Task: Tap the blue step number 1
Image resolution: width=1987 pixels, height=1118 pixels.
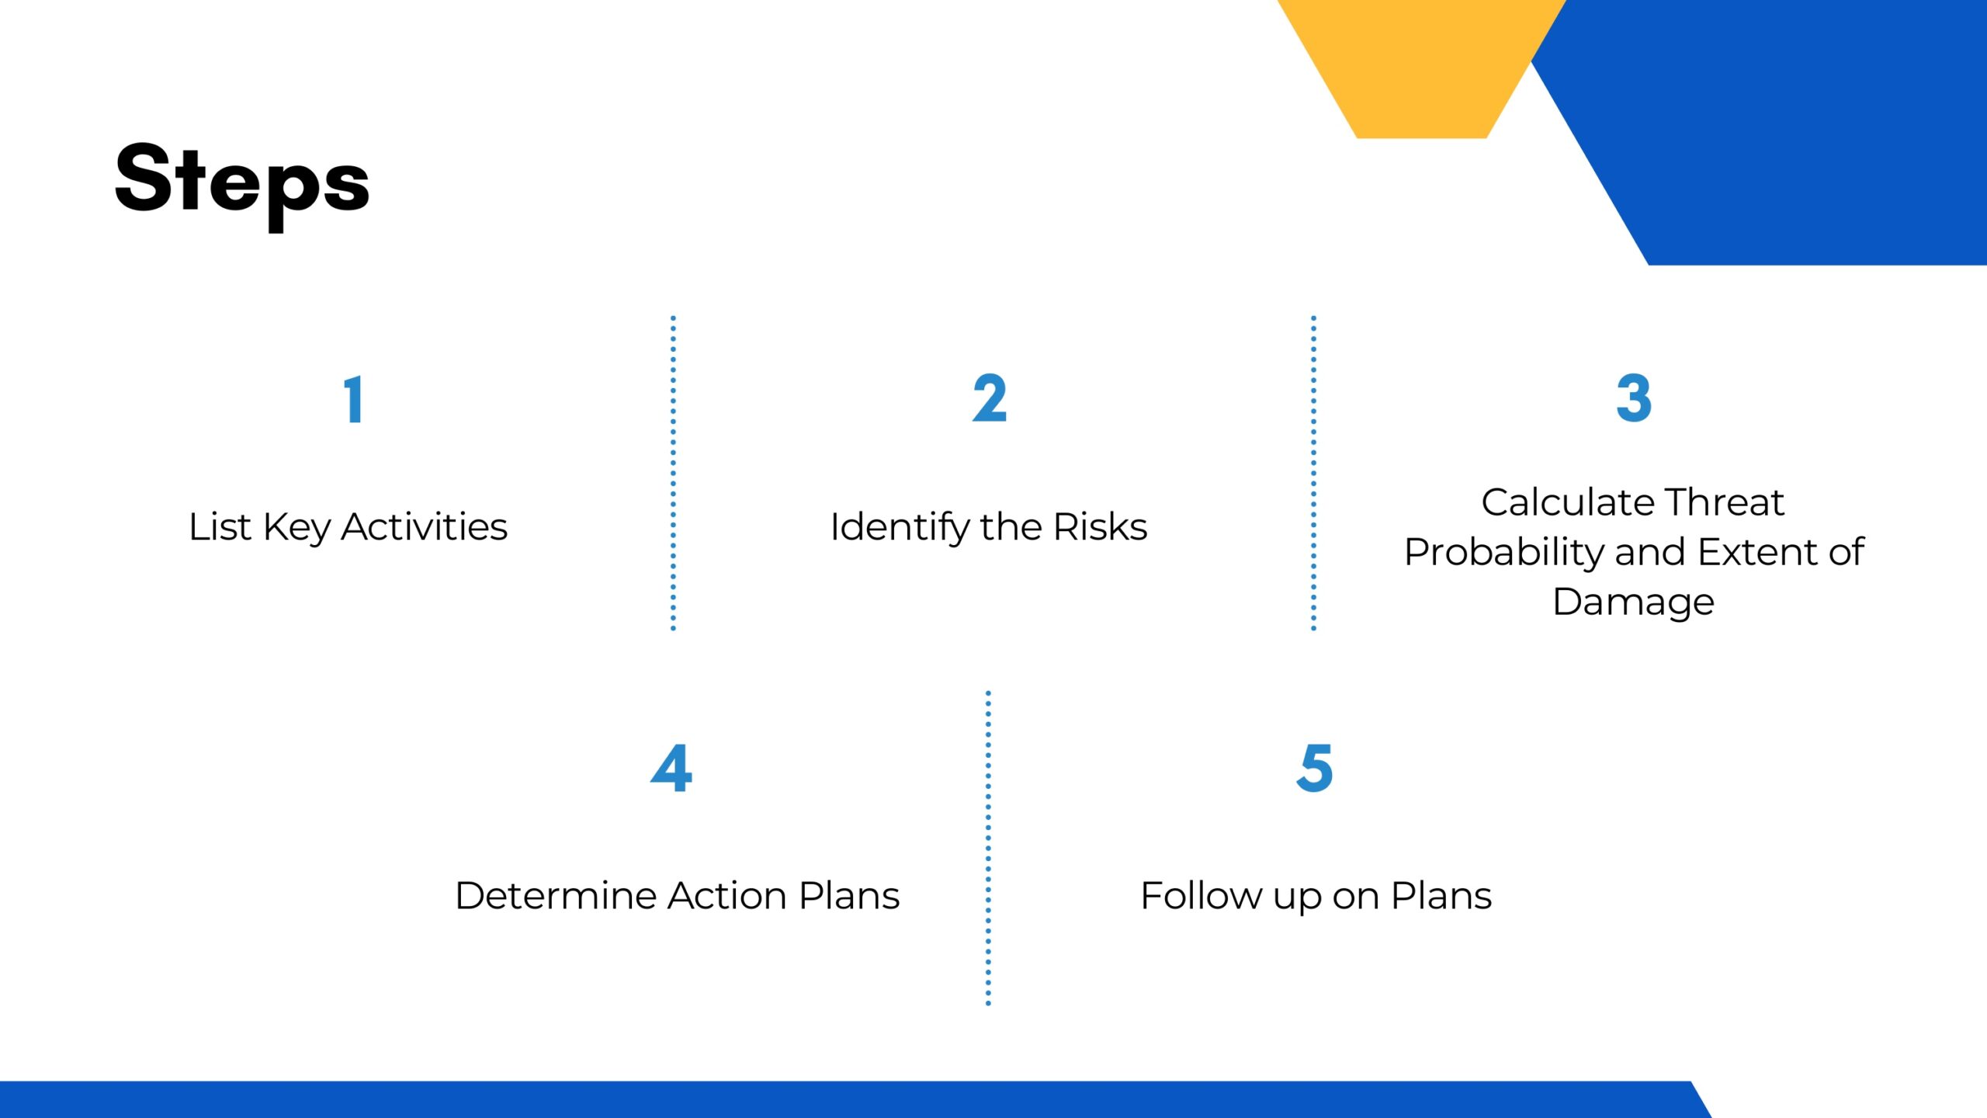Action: pyautogui.click(x=354, y=400)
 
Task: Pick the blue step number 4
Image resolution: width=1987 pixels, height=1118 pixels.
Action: pyautogui.click(x=671, y=769)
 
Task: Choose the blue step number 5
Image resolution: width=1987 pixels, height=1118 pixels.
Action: pyautogui.click(x=1315, y=769)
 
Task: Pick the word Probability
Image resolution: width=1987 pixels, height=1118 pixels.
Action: pyautogui.click(x=1504, y=554)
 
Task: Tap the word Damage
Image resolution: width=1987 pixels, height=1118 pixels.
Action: pyautogui.click(x=1634, y=603)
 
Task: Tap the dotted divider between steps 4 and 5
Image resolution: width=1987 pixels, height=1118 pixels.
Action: pyautogui.click(x=988, y=848)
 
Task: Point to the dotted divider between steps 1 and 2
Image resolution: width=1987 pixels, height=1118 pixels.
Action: pyautogui.click(x=673, y=473)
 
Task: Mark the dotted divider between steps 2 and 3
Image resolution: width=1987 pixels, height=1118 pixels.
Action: pyautogui.click(x=1313, y=473)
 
